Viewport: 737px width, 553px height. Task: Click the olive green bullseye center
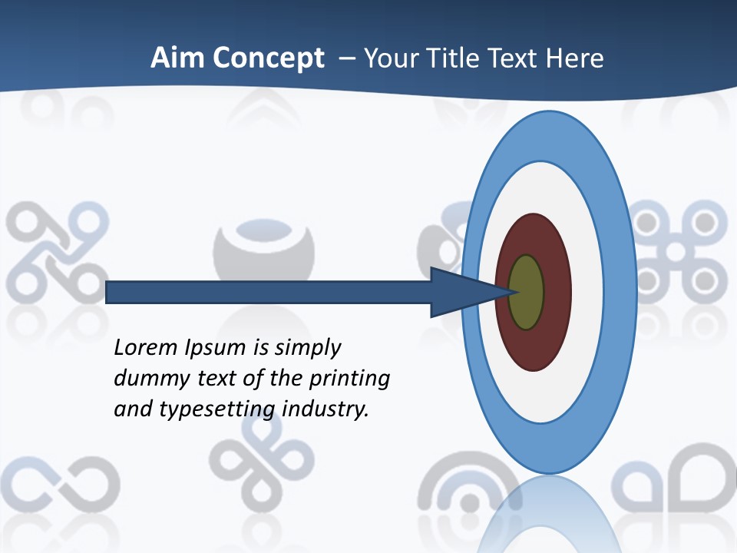click(x=526, y=293)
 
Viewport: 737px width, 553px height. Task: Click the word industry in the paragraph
click(x=326, y=409)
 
